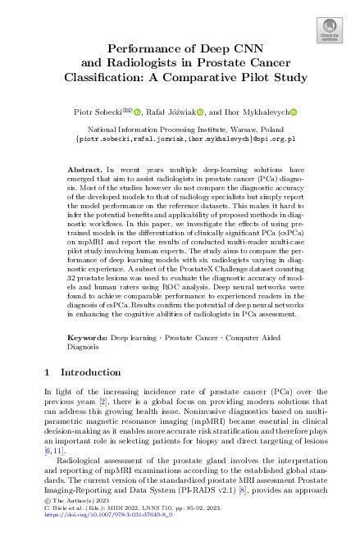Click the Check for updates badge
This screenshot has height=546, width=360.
point(330,30)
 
